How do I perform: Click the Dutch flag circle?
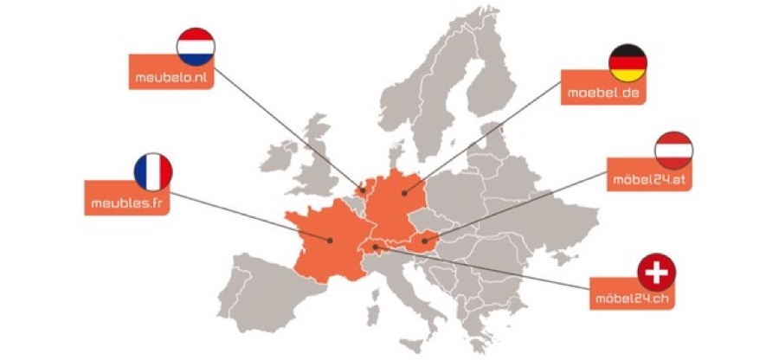click(x=195, y=47)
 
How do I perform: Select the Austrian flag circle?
click(x=673, y=150)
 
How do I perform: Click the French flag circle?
click(x=153, y=172)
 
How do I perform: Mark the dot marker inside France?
click(x=330, y=240)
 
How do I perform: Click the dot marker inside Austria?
click(x=423, y=241)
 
